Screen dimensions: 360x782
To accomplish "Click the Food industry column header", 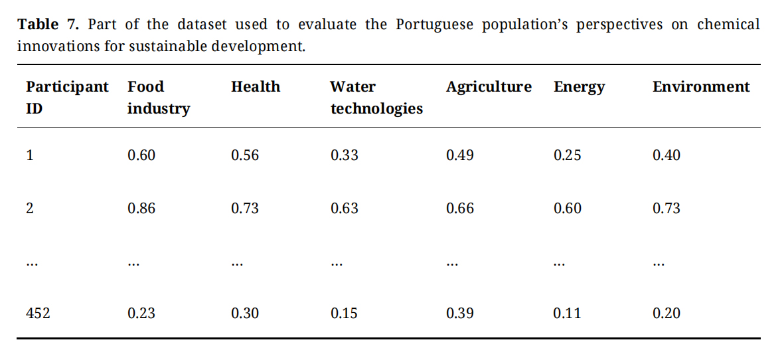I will [158, 98].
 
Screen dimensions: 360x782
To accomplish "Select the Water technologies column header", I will [376, 98].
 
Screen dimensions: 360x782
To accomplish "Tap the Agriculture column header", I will [489, 87].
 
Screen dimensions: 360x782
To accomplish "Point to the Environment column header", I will [701, 87].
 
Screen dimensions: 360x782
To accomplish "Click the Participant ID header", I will [66, 97].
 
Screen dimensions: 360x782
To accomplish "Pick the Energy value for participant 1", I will [567, 155].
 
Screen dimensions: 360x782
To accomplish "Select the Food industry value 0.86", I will [141, 209].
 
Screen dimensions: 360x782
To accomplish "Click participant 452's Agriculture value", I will [460, 314].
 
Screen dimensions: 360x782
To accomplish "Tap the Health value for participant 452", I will [245, 314].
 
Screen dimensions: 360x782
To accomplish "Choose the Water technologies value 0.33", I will [344, 155].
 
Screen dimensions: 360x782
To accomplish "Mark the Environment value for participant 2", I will [666, 209].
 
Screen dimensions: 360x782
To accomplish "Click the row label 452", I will [38, 314].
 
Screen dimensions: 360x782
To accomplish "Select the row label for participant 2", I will [30, 209].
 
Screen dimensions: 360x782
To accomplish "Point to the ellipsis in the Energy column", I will [558, 264].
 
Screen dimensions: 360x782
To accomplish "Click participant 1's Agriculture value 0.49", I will [460, 155].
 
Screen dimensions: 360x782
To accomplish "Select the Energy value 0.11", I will [567, 314].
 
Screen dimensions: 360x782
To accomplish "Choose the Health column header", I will [256, 87].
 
